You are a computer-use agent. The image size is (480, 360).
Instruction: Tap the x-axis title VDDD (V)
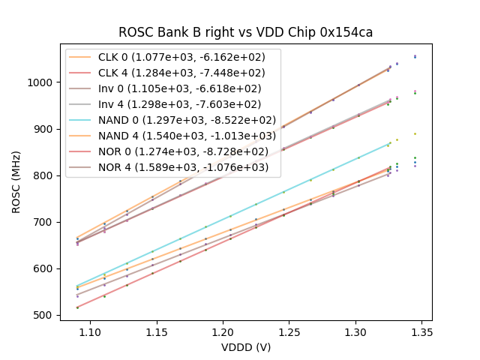[246, 348]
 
